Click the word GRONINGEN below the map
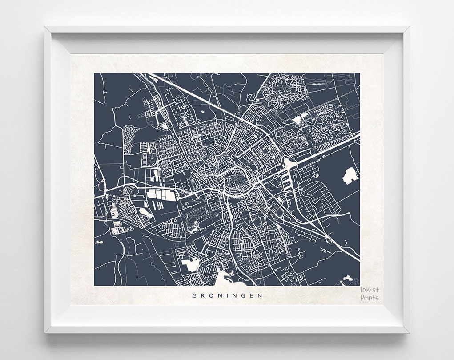coord(227,295)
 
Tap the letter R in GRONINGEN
coord(203,295)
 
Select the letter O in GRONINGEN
coord(211,295)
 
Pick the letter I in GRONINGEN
coord(227,295)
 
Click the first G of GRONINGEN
coord(194,295)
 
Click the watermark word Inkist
coord(370,290)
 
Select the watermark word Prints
coord(370,298)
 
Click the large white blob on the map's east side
coord(350,176)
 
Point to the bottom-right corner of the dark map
coord(359,286)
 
